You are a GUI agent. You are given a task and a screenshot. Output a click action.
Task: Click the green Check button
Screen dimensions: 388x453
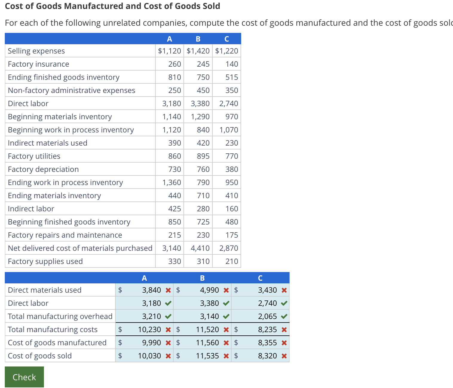[24, 377]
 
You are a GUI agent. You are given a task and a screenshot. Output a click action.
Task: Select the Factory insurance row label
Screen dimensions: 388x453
[39, 64]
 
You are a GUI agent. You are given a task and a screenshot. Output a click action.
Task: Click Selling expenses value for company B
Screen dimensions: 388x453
[198, 51]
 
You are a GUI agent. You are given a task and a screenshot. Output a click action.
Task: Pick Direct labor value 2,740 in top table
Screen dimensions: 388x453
[229, 103]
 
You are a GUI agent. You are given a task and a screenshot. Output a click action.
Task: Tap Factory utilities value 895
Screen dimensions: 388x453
[203, 156]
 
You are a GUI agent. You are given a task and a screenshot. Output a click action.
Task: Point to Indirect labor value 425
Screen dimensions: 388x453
[175, 209]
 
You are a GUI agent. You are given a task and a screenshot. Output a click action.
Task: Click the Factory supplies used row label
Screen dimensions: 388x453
[45, 261]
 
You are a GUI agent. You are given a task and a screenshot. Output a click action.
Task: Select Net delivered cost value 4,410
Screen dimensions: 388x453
[200, 248]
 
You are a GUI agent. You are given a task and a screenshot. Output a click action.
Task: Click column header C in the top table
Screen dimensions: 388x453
[227, 39]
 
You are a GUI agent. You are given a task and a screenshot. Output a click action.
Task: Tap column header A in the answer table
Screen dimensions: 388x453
[144, 278]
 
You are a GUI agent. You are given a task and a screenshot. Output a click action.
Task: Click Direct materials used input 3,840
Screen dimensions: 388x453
[151, 290]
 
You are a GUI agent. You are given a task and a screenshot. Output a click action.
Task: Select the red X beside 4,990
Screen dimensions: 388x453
[226, 290]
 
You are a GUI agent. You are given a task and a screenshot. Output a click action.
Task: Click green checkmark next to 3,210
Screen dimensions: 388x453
[168, 316]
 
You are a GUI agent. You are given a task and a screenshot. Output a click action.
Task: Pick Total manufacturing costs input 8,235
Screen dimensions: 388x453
[267, 329]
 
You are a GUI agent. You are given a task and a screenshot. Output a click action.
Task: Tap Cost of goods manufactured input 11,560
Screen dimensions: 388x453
[207, 343]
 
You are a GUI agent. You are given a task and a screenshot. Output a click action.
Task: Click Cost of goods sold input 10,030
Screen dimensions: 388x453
[149, 356]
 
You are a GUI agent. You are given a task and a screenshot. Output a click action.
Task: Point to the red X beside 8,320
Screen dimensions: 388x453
[284, 356]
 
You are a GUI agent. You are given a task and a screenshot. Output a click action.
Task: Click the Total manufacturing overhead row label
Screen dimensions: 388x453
[60, 316]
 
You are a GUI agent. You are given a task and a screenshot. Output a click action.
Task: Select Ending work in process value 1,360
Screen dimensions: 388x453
[172, 182]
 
